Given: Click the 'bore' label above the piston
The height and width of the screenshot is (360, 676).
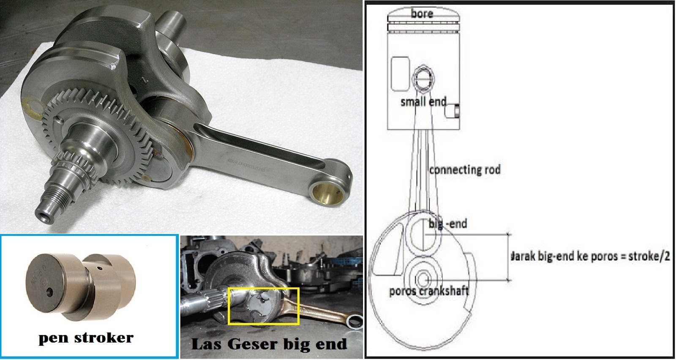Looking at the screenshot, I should coord(422,14).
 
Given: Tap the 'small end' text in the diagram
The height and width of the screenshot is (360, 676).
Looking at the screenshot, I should coord(423,102).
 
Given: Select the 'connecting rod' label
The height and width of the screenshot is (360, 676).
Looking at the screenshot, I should coord(465,170).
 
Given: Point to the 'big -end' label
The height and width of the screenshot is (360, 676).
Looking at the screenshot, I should coord(448,224).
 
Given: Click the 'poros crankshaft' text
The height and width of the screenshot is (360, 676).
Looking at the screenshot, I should coord(429,291).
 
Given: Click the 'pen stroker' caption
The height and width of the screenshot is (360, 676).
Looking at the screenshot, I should coord(86,338).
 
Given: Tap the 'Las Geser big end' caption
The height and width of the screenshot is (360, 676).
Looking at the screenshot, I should coord(269,344).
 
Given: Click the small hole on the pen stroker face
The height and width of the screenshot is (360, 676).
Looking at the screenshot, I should coord(50,292).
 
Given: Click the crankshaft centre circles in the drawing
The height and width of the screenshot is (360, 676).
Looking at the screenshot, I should coord(422,279).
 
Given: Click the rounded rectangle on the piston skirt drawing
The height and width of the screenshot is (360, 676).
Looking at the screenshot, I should coord(400,74).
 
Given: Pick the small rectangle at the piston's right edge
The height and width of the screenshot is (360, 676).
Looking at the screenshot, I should coord(456,111).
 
